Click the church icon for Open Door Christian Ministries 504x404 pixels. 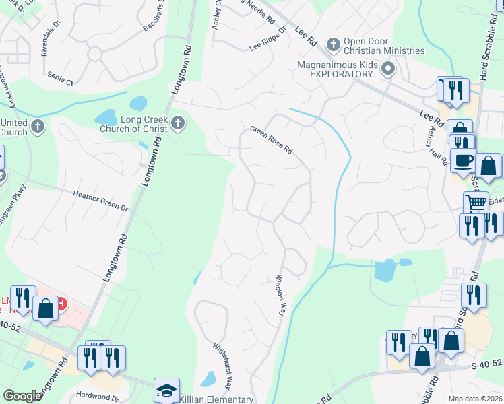tap(332, 44)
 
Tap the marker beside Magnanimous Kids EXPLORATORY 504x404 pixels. tap(388, 68)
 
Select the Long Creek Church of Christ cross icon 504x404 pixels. tap(178, 122)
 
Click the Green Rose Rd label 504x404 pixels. tap(272, 139)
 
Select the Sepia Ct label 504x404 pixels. tap(61, 81)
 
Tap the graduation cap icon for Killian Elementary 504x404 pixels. tap(166, 390)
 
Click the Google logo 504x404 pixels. tap(22, 396)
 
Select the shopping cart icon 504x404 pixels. tap(476, 202)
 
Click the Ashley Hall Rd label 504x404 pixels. tap(435, 147)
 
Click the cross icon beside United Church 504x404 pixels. tap(38, 126)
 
